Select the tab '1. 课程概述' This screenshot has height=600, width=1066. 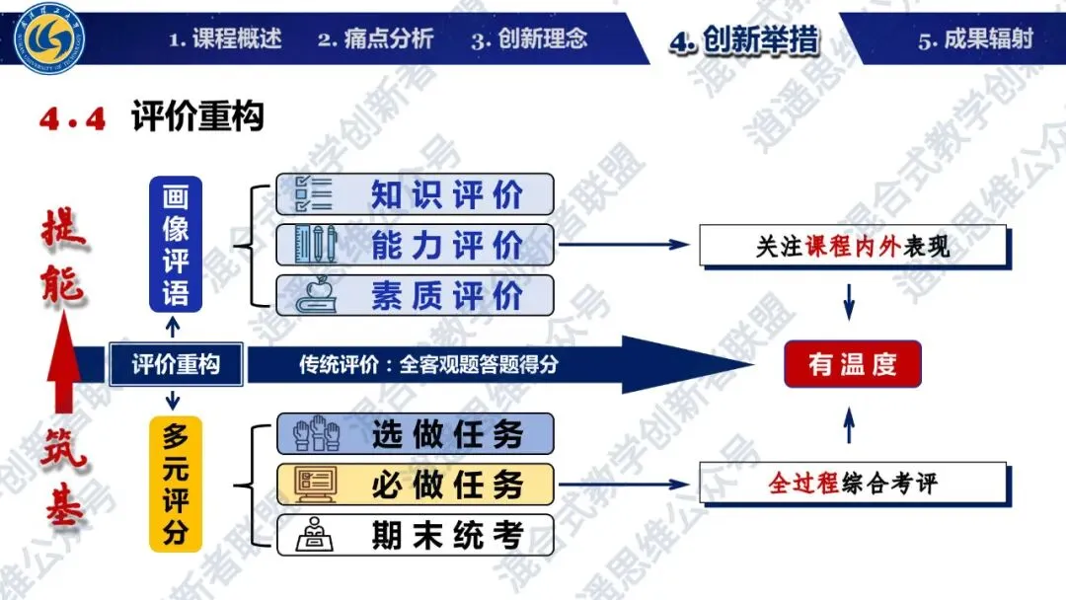tap(224, 39)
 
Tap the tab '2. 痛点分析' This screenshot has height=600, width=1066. tap(375, 39)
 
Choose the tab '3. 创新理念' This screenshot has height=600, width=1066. tap(529, 39)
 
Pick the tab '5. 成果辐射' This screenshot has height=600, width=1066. tap(975, 39)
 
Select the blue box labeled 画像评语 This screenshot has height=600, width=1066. tap(176, 244)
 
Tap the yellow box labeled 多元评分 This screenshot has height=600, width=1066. tap(176, 485)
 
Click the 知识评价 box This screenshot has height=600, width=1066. tap(415, 194)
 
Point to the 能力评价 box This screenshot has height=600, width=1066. tap(415, 245)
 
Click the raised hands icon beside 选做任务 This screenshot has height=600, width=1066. tap(316, 433)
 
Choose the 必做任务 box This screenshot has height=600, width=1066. tap(415, 485)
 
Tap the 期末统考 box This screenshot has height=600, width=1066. tap(415, 535)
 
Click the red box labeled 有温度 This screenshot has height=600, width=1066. tap(853, 364)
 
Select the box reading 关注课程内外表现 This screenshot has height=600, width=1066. tap(853, 246)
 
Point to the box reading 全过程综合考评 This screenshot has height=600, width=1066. tap(853, 484)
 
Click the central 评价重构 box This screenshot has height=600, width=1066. tap(176, 364)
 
